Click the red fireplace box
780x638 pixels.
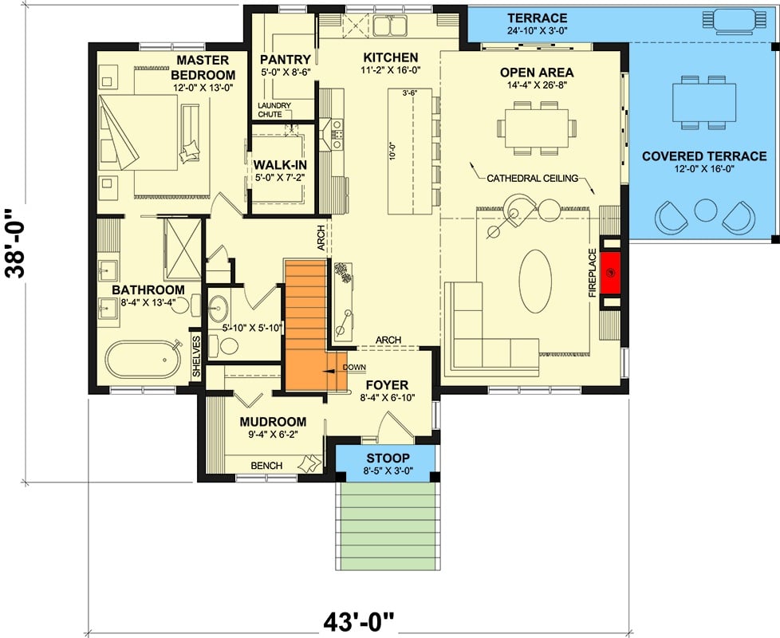611,274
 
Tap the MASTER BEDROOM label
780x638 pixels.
202,67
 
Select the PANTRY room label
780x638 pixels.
284,59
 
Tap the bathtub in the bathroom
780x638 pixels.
145,359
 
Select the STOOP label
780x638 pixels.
387,458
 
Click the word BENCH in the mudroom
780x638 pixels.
266,465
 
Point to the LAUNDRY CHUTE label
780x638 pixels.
274,110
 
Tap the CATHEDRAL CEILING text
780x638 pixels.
532,179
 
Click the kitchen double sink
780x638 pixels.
388,27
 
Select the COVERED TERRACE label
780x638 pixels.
704,156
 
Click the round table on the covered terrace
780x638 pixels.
705,211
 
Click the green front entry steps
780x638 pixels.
387,524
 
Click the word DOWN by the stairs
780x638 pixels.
353,367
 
